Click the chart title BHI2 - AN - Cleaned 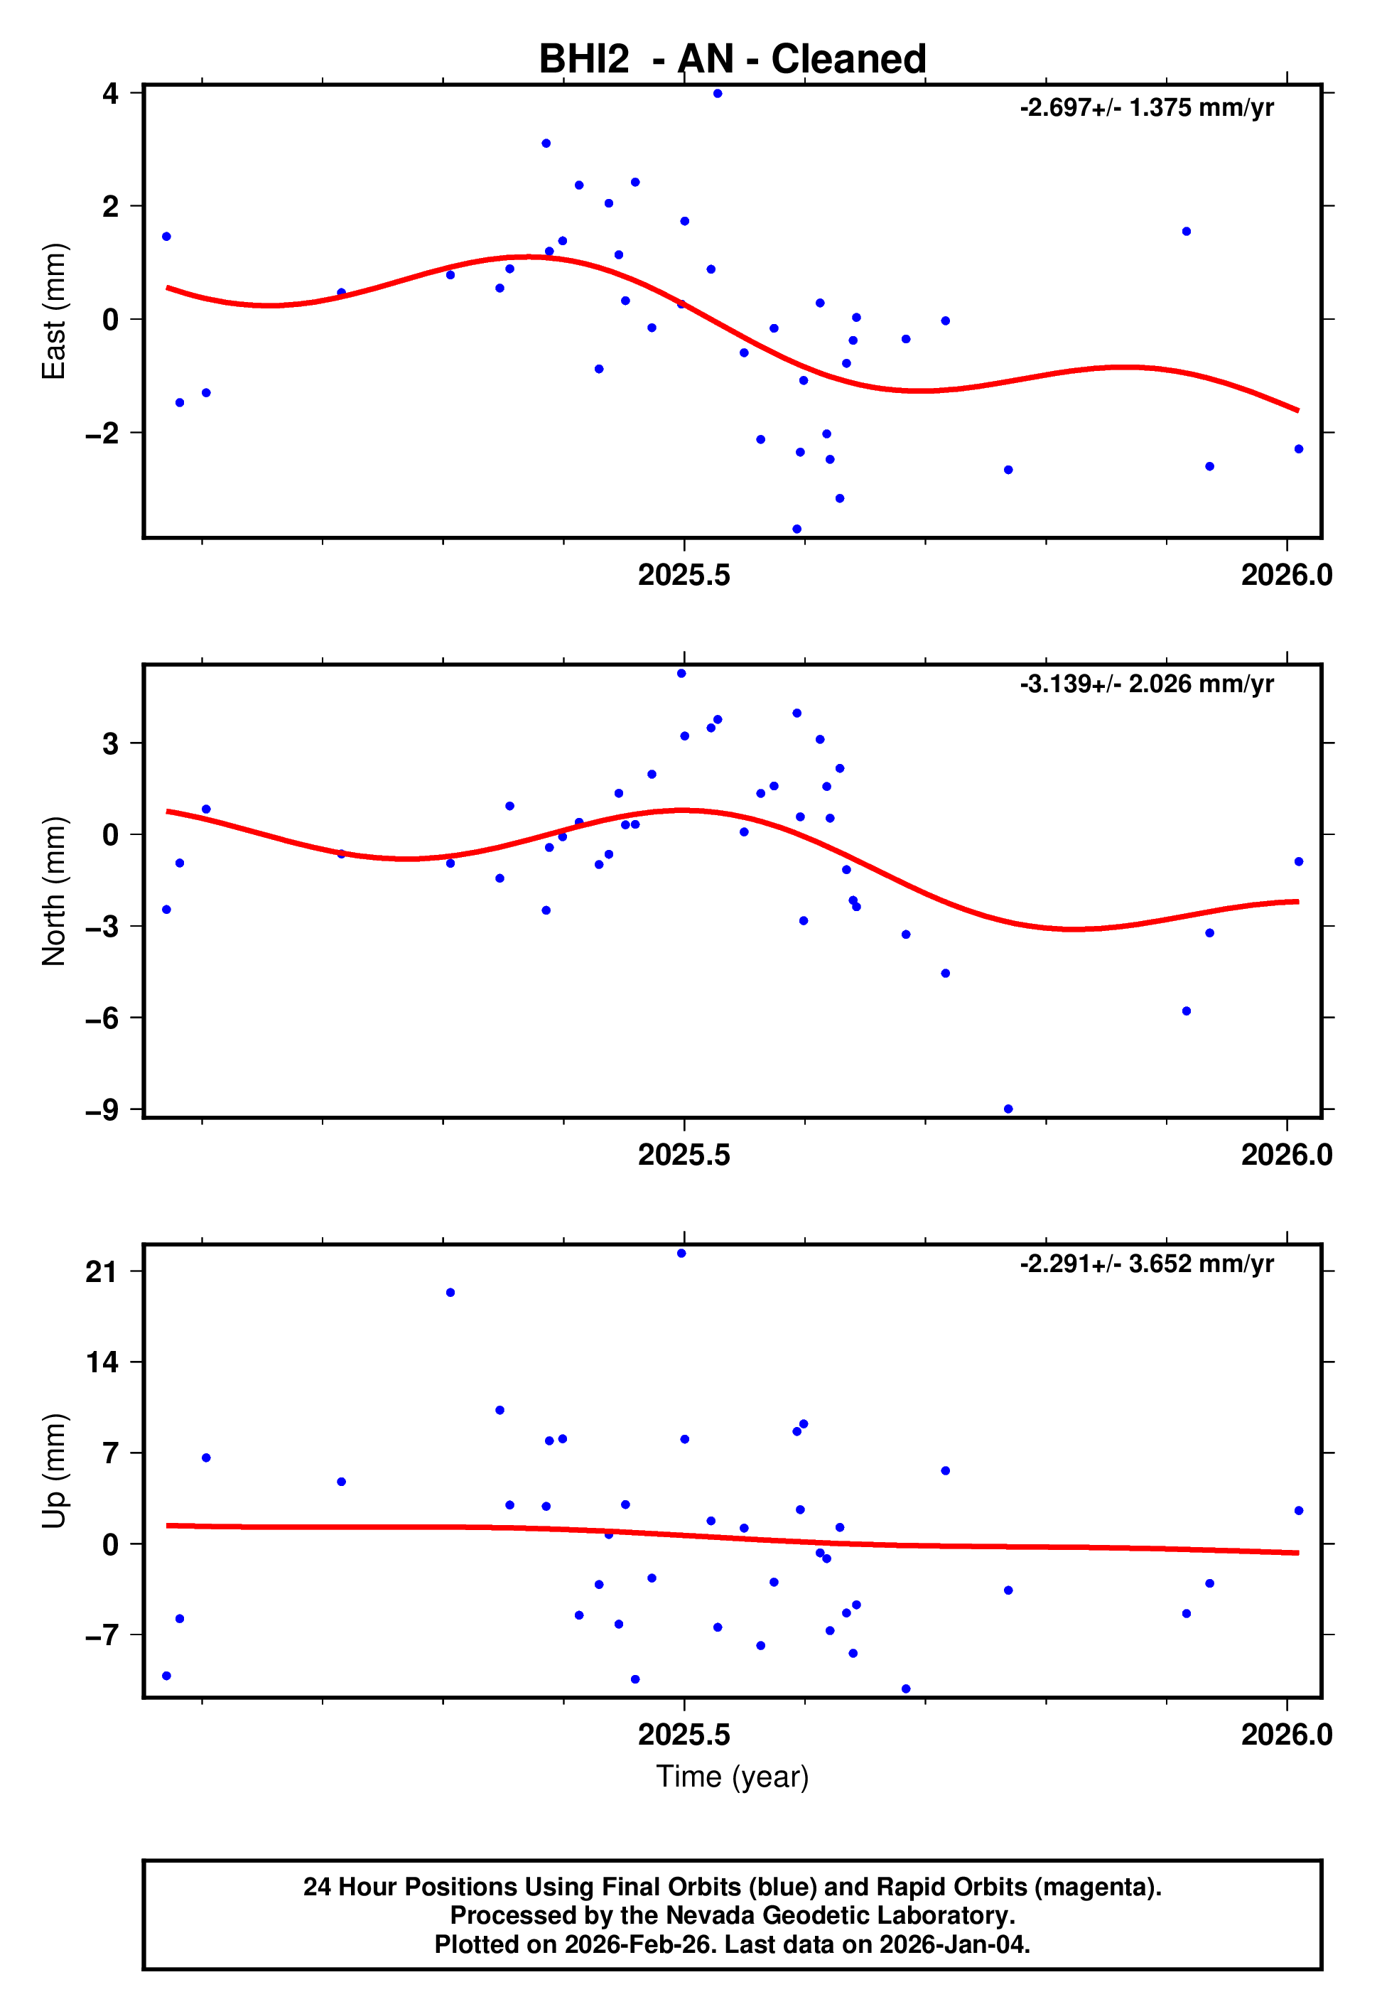[733, 59]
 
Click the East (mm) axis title [54, 311]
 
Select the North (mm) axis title [54, 891]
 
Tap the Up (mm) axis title [54, 1470]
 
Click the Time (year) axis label [733, 1776]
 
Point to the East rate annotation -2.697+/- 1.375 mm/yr [1147, 107]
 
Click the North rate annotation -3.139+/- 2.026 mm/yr [1147, 684]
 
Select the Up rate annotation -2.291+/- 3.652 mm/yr [1147, 1264]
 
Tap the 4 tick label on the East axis [110, 92]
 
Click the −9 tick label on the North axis [102, 1110]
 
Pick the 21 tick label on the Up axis [102, 1272]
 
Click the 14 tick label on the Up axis [102, 1362]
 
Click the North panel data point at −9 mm [1008, 1109]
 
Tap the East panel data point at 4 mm [718, 94]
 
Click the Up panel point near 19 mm [450, 1293]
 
